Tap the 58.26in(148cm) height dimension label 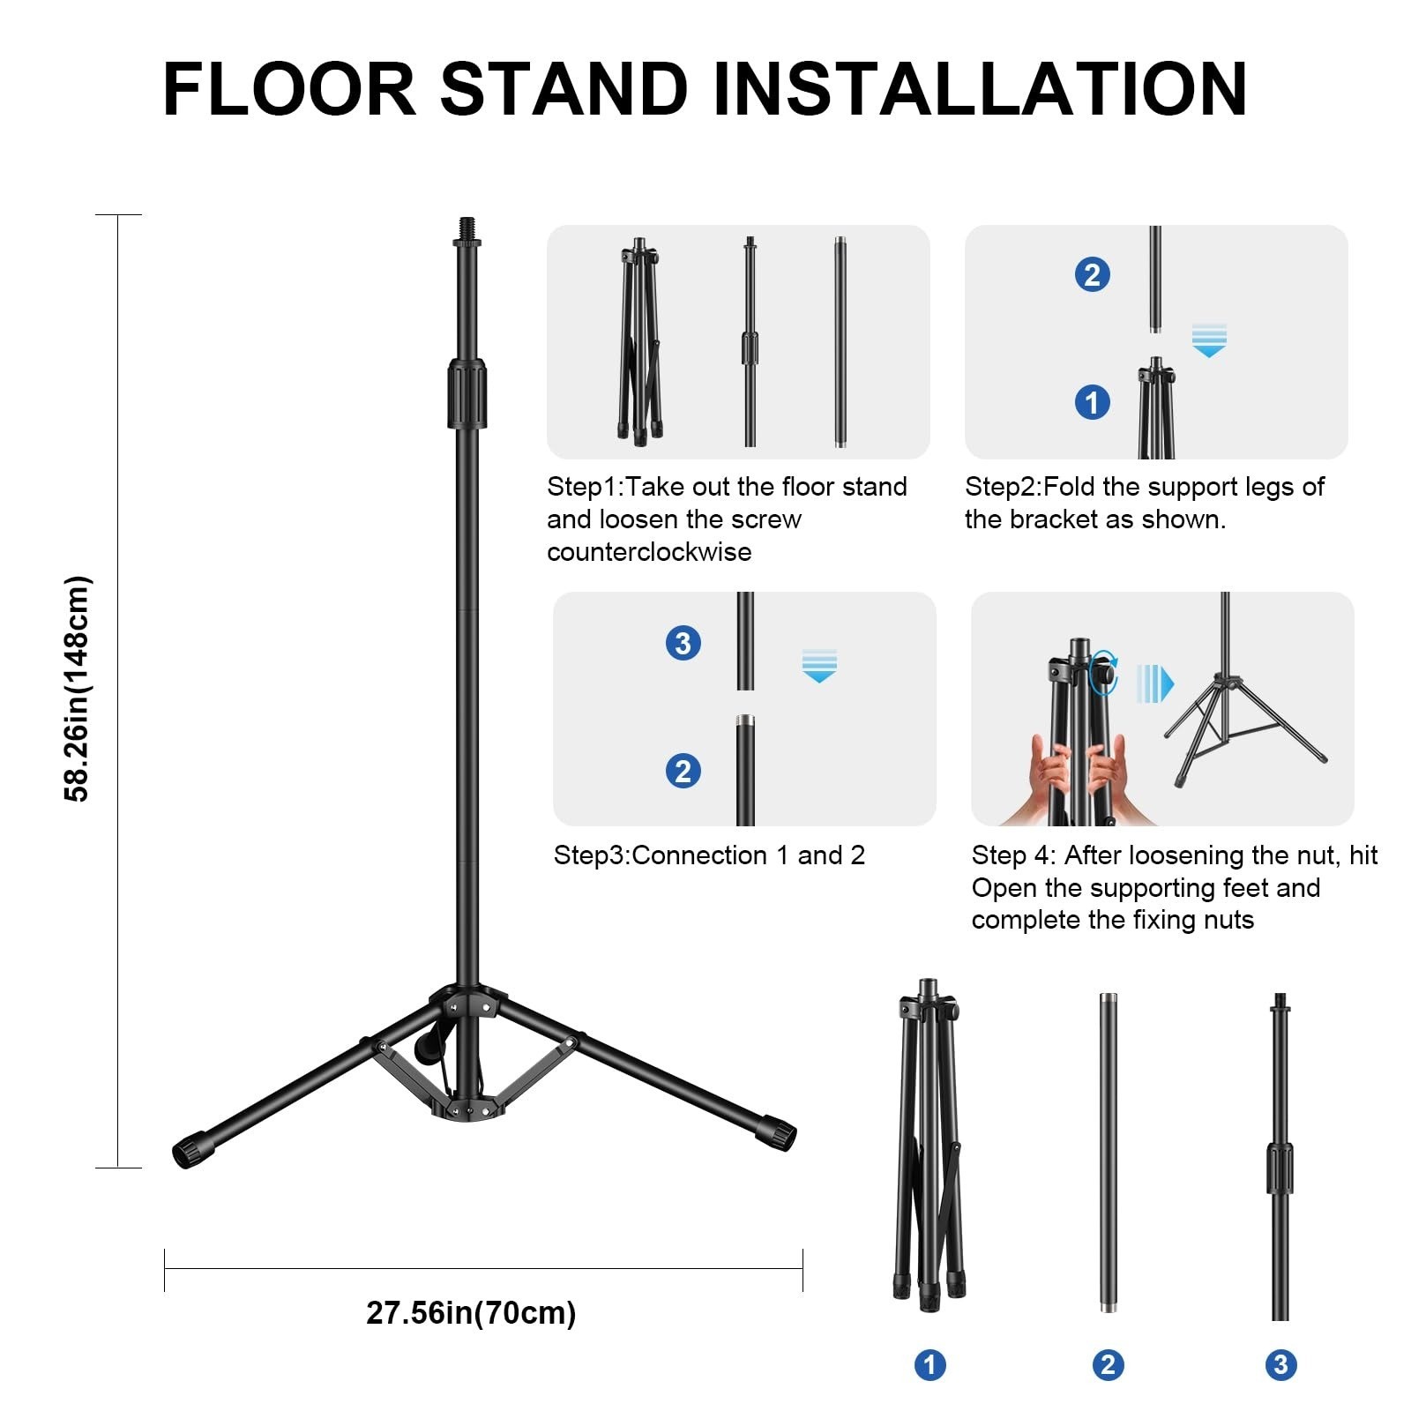(78, 689)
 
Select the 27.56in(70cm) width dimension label (471, 1312)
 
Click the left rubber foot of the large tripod (193, 1149)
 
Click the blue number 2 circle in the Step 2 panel (1092, 275)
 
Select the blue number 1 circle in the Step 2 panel (1092, 402)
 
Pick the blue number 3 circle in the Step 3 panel (683, 643)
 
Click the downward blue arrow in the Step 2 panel (1209, 340)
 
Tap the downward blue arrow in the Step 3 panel (819, 666)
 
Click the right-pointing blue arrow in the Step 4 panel (1155, 683)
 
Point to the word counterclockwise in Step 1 (649, 552)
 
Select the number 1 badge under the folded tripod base (929, 1365)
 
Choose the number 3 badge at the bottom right (1280, 1365)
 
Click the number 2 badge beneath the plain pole (1108, 1365)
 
